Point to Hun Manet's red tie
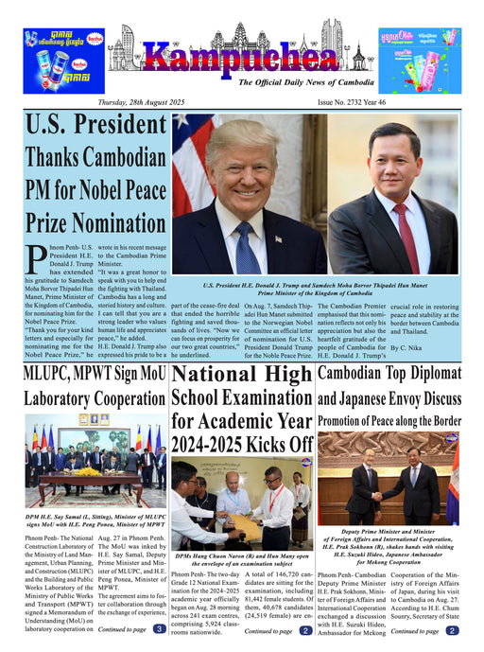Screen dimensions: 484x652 (x=405, y=237)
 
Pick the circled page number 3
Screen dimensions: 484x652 (x=159, y=628)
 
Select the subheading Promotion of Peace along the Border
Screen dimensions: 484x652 (x=389, y=420)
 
